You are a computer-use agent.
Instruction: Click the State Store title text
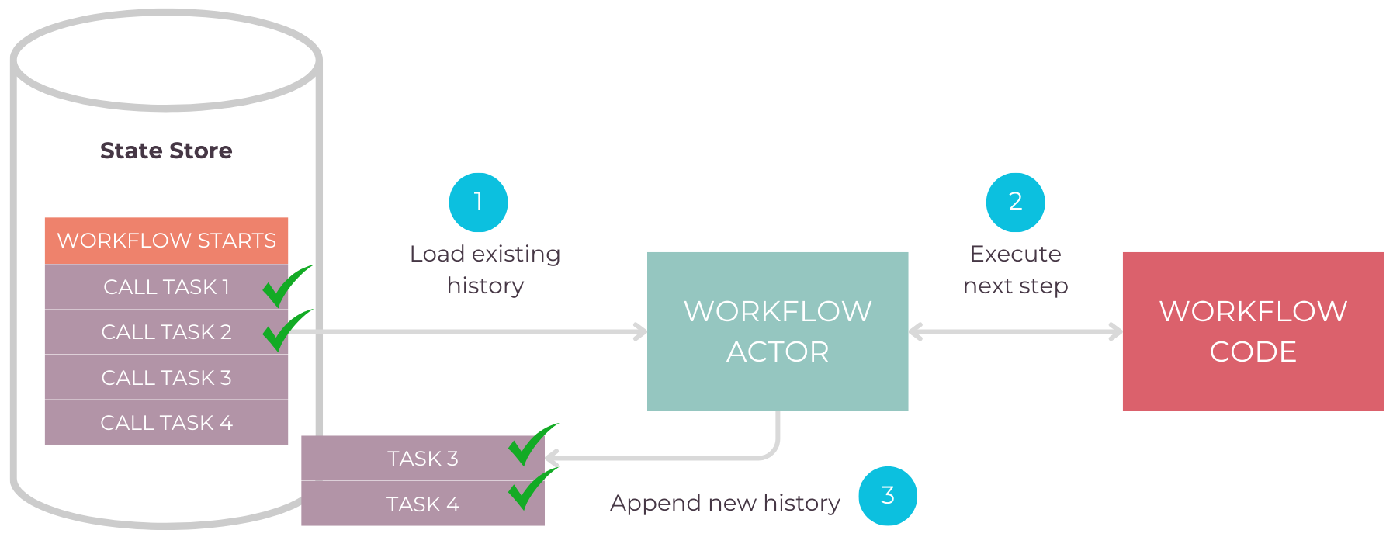tap(166, 151)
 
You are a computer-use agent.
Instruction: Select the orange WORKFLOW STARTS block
tap(166, 241)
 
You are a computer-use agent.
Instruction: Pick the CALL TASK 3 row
tap(166, 378)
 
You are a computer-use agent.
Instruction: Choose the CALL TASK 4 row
tap(166, 423)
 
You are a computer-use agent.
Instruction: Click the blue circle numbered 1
tap(478, 202)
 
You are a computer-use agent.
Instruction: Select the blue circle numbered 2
tap(1015, 202)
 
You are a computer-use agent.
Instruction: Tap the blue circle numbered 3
tap(888, 495)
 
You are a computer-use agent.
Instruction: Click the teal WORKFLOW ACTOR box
tap(778, 331)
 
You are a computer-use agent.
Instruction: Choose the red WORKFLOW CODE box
tap(1253, 331)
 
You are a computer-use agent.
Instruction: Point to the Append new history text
tap(725, 503)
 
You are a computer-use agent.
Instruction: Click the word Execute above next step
tap(1015, 254)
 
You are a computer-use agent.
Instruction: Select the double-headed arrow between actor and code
tap(1015, 332)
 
